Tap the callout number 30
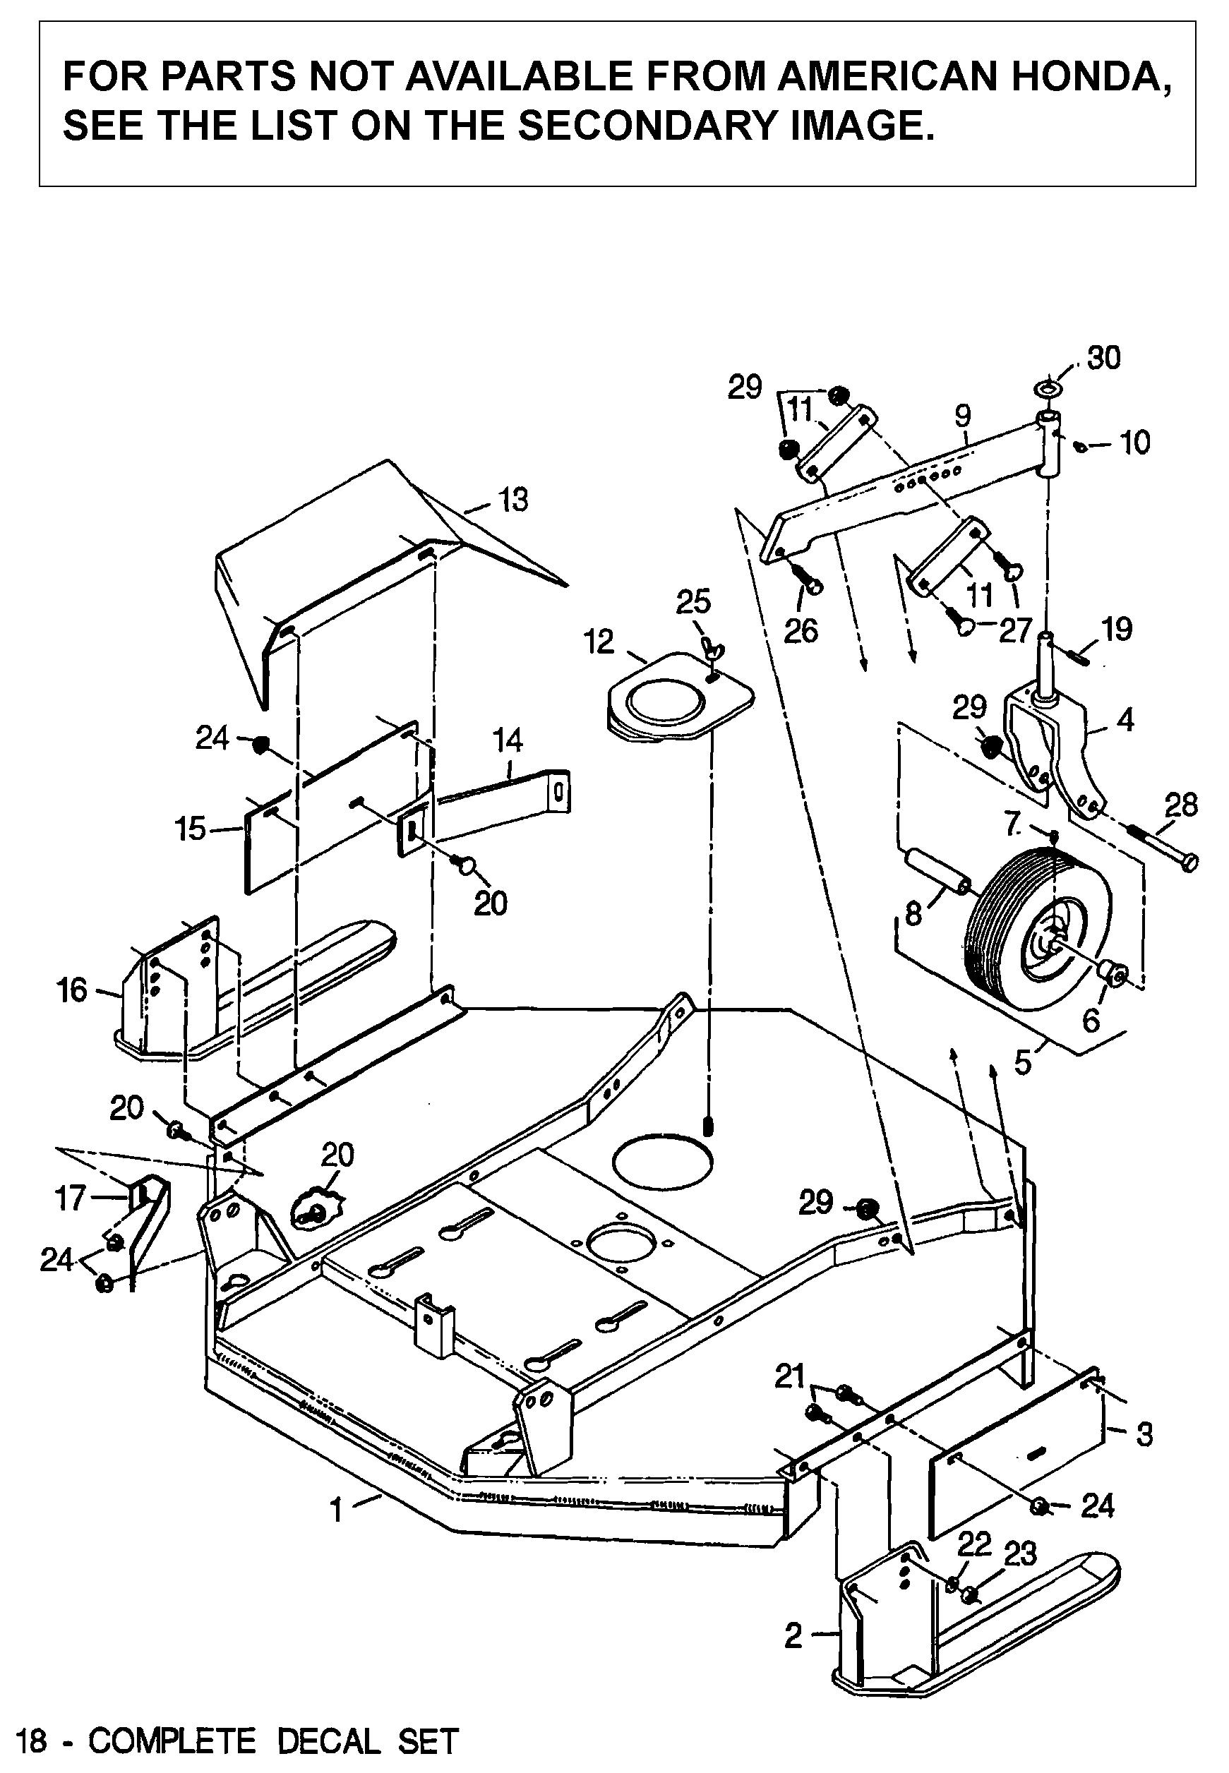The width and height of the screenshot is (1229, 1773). pos(1103,358)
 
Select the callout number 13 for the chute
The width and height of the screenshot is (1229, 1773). pos(513,500)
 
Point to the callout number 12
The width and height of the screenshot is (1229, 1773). pos(600,642)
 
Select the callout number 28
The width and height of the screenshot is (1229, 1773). pos(1181,805)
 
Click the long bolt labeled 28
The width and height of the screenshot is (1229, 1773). pos(1163,846)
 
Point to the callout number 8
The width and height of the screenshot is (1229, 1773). pos(913,915)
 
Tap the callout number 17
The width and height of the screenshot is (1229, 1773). pos(70,1198)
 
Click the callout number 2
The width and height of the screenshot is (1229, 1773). pos(794,1630)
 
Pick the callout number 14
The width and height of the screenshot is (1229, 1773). pos(508,740)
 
